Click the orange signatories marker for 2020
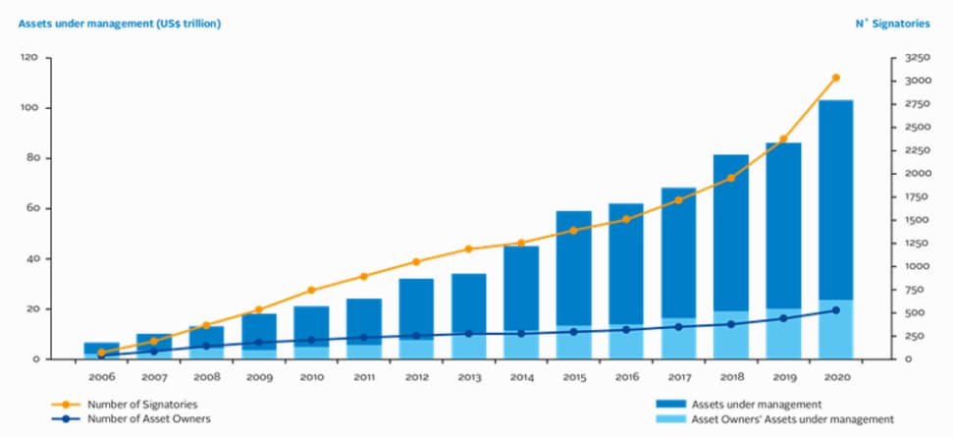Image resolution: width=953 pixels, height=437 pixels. coord(836,78)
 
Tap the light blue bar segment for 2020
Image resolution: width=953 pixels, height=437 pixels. coord(836,329)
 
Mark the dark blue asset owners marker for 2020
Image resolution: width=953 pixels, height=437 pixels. coord(836,310)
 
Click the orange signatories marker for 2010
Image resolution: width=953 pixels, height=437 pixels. coord(311,291)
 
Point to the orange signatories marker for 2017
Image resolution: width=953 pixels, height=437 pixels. coord(678,200)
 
